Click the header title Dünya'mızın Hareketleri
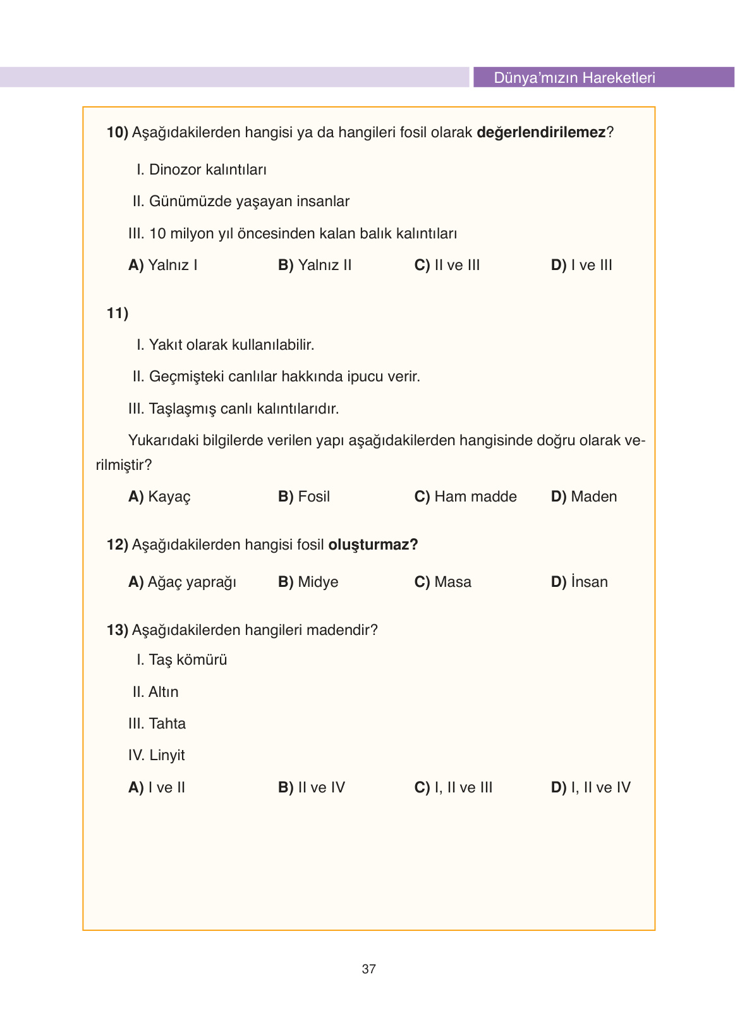pyautogui.click(x=574, y=78)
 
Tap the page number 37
pyautogui.click(x=368, y=968)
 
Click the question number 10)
pyautogui.click(x=118, y=133)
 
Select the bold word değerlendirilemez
pyautogui.click(x=541, y=133)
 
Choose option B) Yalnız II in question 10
pyautogui.click(x=315, y=266)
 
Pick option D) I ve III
pyautogui.click(x=581, y=266)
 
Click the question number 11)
pyautogui.click(x=118, y=314)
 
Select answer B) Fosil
pyautogui.click(x=304, y=497)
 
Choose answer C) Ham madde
pyautogui.click(x=465, y=497)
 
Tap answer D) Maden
pyautogui.click(x=583, y=497)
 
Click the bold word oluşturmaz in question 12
pyautogui.click(x=373, y=545)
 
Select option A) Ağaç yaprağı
pyautogui.click(x=182, y=582)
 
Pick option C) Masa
pyautogui.click(x=442, y=582)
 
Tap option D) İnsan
pyautogui.click(x=579, y=582)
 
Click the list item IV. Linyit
pyautogui.click(x=157, y=756)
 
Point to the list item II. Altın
pyautogui.click(x=155, y=693)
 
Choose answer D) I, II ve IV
pyautogui.click(x=590, y=788)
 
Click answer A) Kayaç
pyautogui.click(x=159, y=497)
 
